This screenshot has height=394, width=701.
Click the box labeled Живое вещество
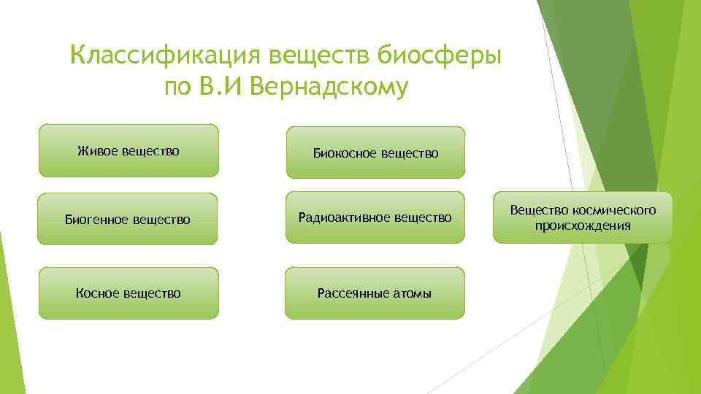129,151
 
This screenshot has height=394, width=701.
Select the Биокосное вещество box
375,152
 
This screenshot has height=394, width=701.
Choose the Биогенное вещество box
128,218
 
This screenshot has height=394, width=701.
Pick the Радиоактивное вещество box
375,217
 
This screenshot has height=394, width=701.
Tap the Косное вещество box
129,293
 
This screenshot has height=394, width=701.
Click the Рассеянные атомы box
375,293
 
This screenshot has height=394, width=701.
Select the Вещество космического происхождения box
583,217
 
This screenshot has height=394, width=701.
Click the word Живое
97,151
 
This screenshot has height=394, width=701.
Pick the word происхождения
583,225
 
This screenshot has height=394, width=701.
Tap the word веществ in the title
323,55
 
